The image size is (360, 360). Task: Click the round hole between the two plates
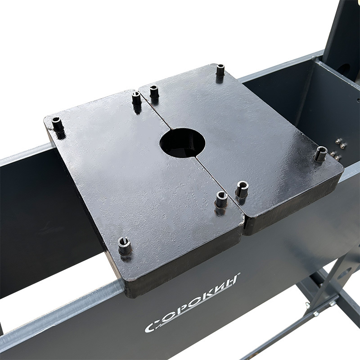click(183, 143)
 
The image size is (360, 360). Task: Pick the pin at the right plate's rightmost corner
click(321, 154)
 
